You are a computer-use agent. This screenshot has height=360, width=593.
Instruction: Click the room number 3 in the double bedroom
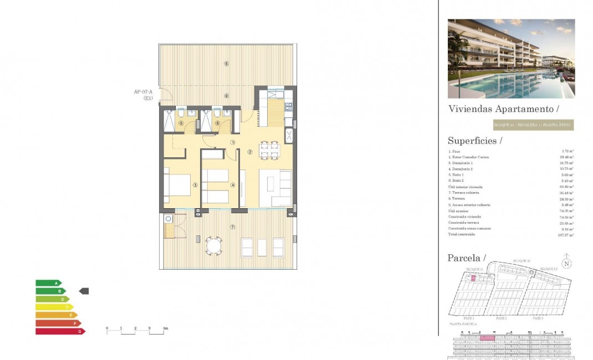pyautogui.click(x=195, y=185)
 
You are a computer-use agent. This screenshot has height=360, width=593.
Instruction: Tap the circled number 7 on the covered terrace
pyautogui.click(x=233, y=227)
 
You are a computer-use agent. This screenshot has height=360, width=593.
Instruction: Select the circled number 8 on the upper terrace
pyautogui.click(x=226, y=63)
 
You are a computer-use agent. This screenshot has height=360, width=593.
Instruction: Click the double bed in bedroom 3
pyautogui.click(x=177, y=185)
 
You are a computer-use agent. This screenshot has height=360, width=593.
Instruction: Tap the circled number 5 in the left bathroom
pyautogui.click(x=181, y=124)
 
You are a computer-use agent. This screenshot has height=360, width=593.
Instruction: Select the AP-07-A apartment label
pyautogui.click(x=143, y=92)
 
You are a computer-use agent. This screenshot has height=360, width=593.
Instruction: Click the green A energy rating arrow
pyautogui.click(x=49, y=283)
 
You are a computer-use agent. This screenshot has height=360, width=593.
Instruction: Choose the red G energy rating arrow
pyautogui.click(x=60, y=331)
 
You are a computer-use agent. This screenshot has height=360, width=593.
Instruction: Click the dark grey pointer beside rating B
pyautogui.click(x=84, y=291)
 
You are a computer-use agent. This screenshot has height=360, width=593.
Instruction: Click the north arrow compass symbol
pyautogui.click(x=566, y=263)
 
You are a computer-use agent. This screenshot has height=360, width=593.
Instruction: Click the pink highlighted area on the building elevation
pyautogui.click(x=487, y=337)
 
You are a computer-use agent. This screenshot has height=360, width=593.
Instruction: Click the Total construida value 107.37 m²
pyautogui.click(x=565, y=235)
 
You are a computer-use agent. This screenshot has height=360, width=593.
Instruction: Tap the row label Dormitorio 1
pyautogui.click(x=461, y=163)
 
